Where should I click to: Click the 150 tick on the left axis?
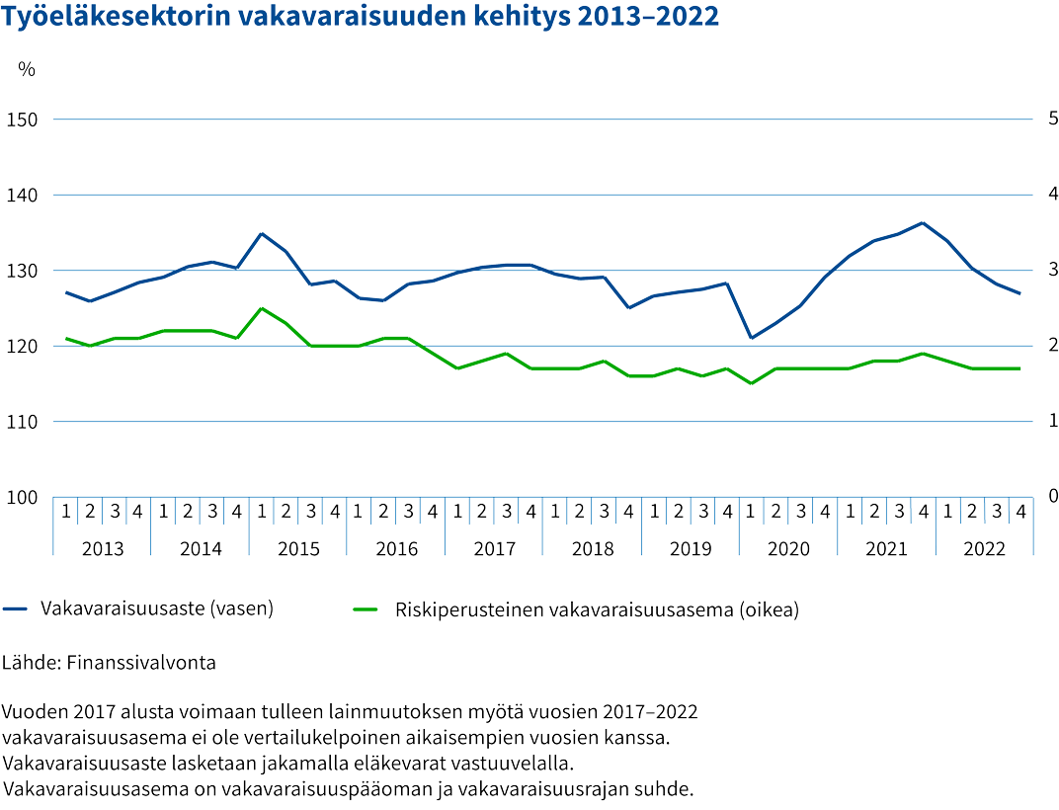22,121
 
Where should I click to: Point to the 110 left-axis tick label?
22,423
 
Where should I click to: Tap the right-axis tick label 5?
1052,119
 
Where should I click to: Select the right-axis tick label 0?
1052,495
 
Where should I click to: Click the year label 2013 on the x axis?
102,549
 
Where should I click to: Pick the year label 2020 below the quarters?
788,549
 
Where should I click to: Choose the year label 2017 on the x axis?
494,549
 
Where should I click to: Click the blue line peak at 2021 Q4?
923,223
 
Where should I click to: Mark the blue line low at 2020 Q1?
751,338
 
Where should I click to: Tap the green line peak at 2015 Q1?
261,308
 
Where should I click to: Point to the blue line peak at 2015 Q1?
261,234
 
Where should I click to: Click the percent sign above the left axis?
27,69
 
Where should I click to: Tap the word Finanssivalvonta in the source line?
140,663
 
